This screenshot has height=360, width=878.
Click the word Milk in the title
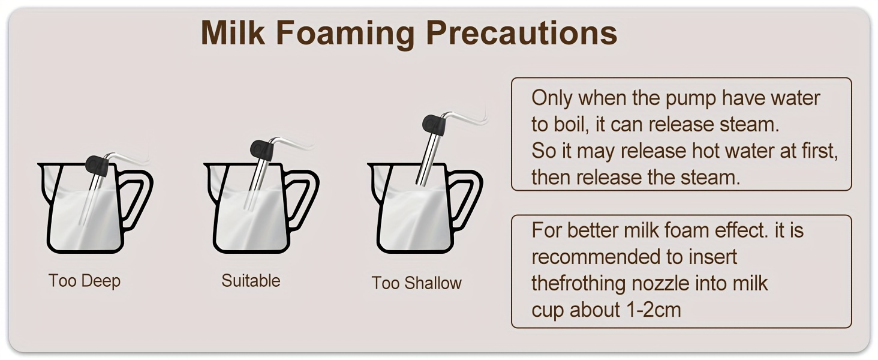click(x=233, y=32)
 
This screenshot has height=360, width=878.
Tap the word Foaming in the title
click(x=345, y=35)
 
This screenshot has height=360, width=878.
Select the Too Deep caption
click(x=85, y=281)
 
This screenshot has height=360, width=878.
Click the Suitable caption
click(x=251, y=281)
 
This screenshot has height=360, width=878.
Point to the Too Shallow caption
click(x=417, y=283)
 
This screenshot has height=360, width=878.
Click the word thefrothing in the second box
click(x=578, y=284)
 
